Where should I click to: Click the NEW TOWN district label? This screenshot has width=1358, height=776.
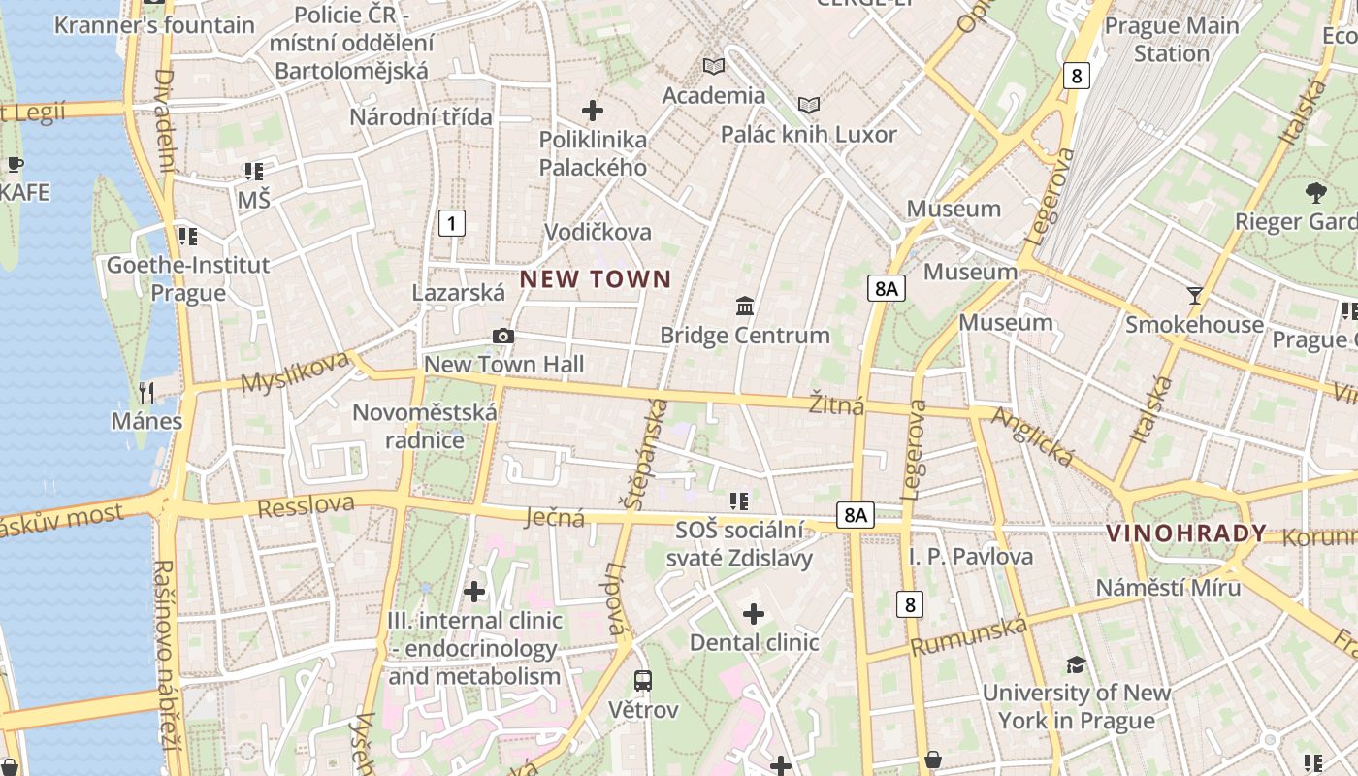tap(596, 280)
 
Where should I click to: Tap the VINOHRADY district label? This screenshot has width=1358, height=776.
tap(1186, 533)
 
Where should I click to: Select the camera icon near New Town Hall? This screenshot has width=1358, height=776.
tap(502, 337)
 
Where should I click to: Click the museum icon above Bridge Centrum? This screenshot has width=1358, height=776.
tap(745, 307)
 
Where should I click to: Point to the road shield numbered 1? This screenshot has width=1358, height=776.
tap(451, 223)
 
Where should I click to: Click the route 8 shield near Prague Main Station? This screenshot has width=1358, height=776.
tap(1076, 75)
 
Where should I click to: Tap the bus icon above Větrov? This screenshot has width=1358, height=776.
tap(643, 681)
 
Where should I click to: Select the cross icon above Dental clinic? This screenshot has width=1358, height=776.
tap(754, 613)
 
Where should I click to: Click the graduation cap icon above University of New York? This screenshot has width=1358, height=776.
tap(1076, 664)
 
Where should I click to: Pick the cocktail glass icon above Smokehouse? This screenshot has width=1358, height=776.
tap(1194, 295)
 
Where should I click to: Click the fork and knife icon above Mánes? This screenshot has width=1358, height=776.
tap(146, 392)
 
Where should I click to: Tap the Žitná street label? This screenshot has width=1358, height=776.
tap(837, 404)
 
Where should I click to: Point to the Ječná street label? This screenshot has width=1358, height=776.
tap(555, 517)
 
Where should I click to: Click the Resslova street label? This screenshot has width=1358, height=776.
tap(307, 504)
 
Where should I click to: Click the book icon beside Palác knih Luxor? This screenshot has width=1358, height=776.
tap(808, 105)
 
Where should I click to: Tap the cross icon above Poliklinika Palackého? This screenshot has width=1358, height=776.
tap(592, 111)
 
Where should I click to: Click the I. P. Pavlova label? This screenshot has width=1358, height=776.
tap(971, 557)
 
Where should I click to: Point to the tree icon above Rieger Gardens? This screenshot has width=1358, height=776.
tap(1316, 192)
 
